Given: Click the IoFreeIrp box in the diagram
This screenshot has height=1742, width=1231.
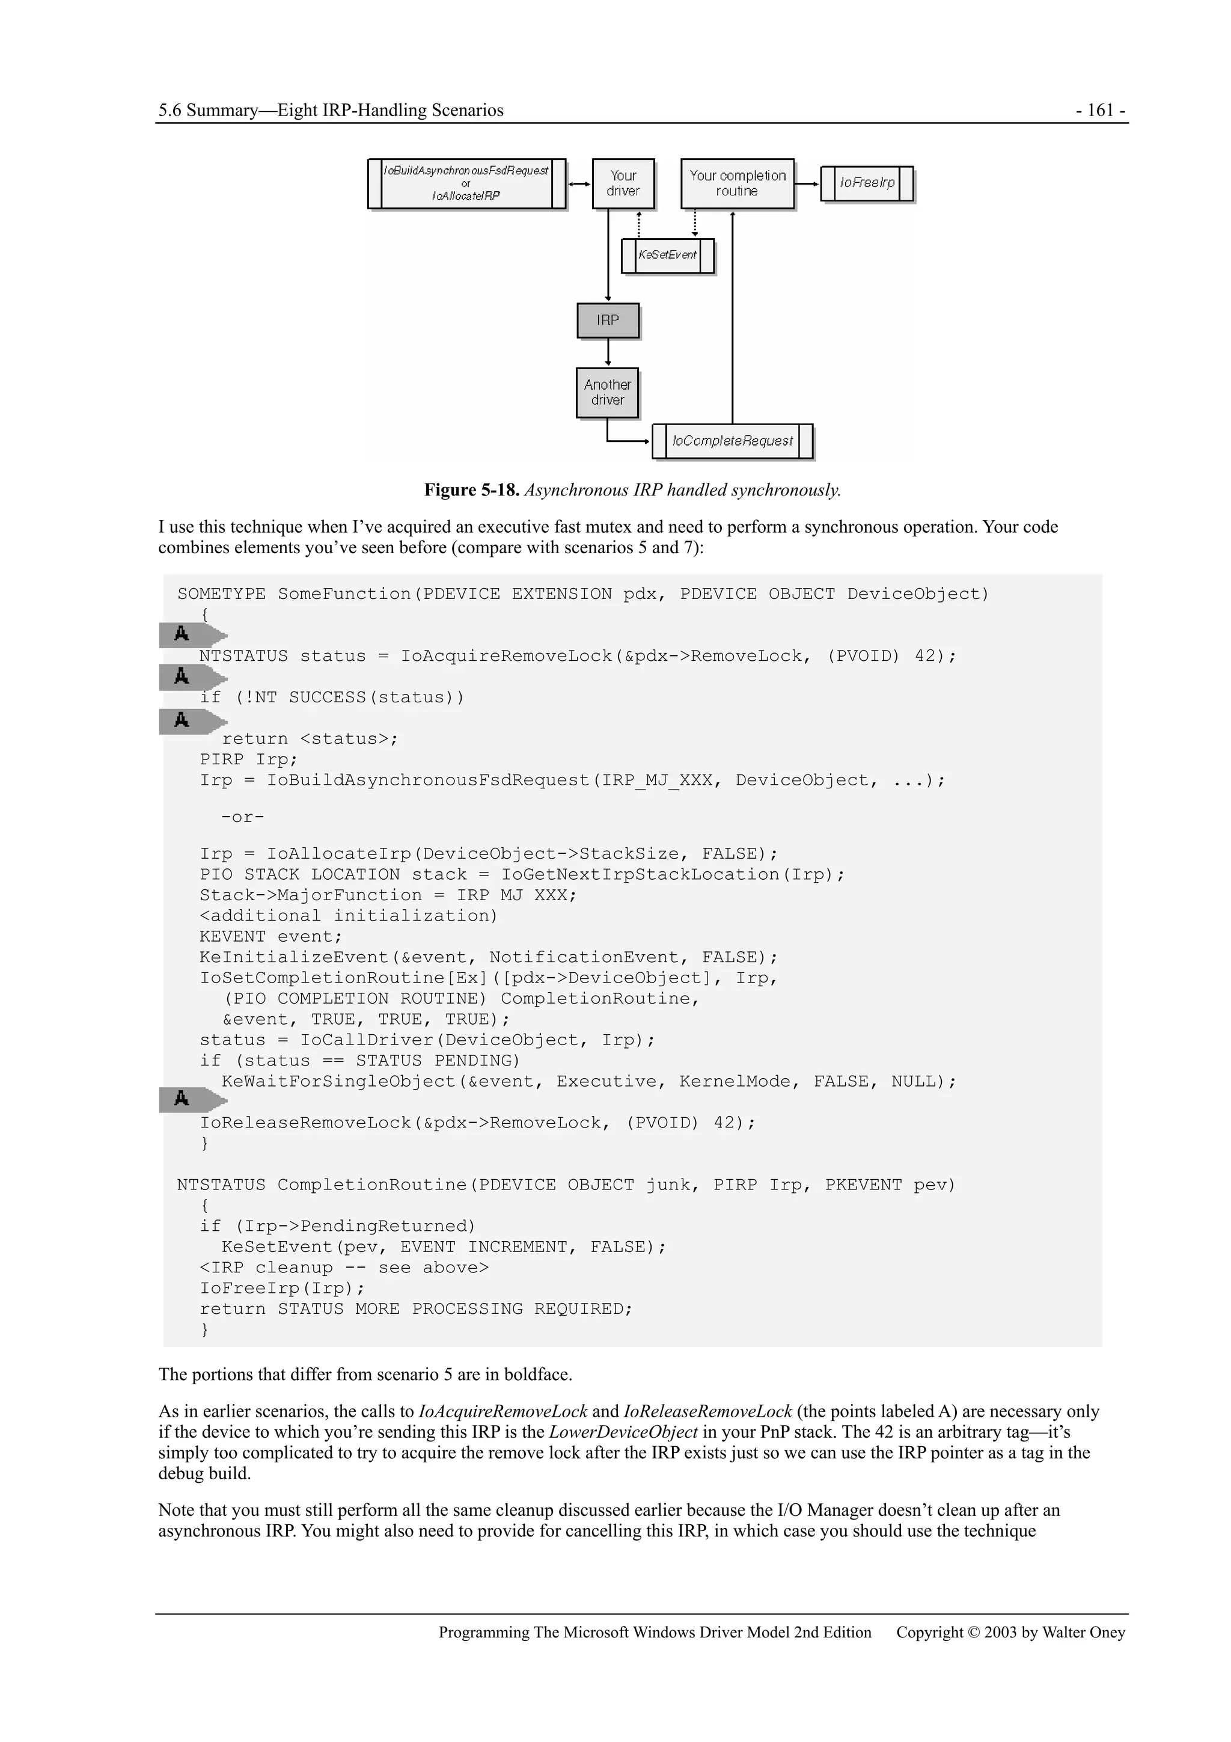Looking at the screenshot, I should coord(866,183).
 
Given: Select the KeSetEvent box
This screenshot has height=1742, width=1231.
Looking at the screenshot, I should coord(667,255).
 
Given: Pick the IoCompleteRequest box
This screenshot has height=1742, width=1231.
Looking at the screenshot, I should coord(732,441).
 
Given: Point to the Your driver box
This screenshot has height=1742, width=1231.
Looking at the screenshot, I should coord(623,183).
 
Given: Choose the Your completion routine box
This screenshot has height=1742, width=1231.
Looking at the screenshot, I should coord(738,183).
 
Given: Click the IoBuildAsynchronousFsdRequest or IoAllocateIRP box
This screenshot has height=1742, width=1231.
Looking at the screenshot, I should coord(466,183).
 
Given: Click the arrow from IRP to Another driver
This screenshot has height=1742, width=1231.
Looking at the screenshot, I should coord(608,353).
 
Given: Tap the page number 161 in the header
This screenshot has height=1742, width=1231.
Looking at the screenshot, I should coord(1100,110).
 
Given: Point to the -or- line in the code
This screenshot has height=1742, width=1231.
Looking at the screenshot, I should coord(243,817).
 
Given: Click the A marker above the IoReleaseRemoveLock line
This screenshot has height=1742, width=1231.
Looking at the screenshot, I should coord(182,1099).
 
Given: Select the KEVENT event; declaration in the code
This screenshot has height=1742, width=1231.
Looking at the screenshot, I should coord(270,936).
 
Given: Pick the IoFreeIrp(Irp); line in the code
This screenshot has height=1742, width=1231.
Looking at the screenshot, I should coord(282,1288).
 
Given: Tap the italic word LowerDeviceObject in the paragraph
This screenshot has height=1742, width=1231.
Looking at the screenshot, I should coord(623,1432).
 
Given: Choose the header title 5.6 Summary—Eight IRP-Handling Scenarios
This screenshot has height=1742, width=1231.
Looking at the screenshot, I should coord(331,110).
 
